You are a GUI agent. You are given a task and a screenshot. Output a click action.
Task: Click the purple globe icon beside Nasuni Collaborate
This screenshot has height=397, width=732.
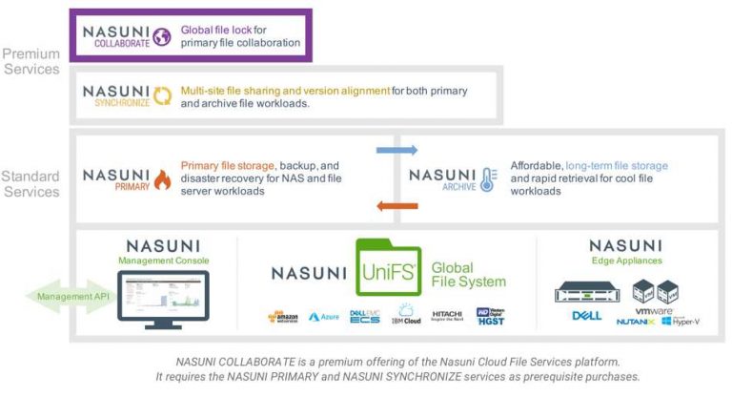[x=162, y=36]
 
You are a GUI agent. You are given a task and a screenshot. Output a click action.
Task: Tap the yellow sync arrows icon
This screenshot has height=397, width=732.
[x=164, y=95]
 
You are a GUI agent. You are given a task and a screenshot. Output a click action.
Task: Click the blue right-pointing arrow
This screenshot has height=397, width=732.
[x=396, y=150]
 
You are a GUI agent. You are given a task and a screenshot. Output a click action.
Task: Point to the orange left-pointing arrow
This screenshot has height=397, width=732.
[x=396, y=205]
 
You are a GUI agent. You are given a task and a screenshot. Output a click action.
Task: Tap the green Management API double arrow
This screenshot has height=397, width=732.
[x=59, y=296]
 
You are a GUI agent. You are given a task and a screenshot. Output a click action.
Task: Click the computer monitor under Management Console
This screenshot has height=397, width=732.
[x=163, y=298]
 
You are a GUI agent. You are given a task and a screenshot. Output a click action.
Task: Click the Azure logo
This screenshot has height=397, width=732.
[x=324, y=316]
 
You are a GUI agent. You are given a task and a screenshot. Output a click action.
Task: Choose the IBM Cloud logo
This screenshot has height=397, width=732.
[x=407, y=314]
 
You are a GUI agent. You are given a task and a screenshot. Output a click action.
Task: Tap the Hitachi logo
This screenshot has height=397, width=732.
[x=447, y=315]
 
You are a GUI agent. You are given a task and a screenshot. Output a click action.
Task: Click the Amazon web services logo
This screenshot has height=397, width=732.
[x=284, y=316]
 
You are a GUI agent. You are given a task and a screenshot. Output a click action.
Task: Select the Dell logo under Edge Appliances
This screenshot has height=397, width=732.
[x=585, y=316]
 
